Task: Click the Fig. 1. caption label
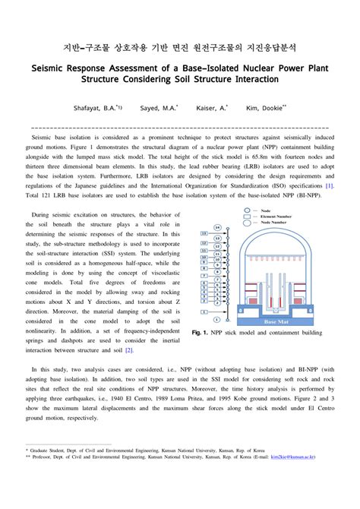201,333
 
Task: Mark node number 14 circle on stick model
218,227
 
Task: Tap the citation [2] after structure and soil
129,349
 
